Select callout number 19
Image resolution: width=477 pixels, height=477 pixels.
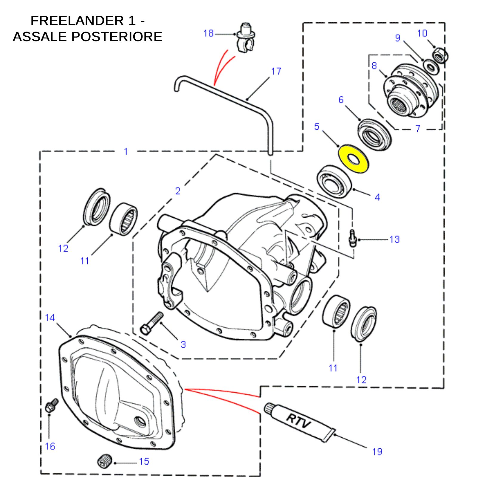[377, 451]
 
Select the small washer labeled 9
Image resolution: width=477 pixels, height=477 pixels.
[430, 66]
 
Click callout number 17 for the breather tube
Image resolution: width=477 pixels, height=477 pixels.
[276, 71]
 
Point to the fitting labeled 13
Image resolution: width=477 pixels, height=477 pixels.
[352, 238]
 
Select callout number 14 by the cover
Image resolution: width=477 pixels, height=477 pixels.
[50, 318]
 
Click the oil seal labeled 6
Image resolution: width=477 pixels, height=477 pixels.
[374, 134]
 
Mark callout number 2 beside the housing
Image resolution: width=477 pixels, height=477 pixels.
[178, 191]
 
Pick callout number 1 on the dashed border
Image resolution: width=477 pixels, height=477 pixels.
[126, 151]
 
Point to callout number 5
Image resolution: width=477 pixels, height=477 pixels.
[317, 126]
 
